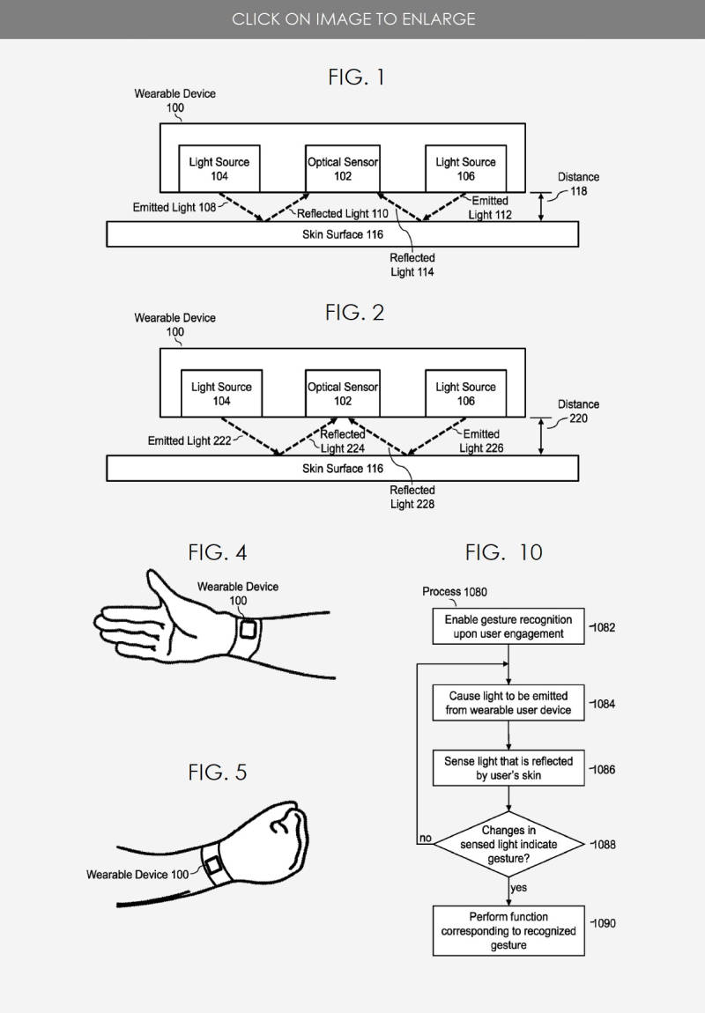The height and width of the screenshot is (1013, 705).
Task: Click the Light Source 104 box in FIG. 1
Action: (219, 168)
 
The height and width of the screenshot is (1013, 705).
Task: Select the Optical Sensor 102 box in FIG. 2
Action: (343, 394)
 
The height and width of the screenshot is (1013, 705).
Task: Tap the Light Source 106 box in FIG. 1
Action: (465, 168)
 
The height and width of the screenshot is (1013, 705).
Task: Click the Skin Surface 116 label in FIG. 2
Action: (343, 469)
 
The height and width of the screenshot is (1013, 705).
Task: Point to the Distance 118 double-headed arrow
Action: (541, 207)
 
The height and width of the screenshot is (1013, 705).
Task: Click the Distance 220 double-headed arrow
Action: (541, 436)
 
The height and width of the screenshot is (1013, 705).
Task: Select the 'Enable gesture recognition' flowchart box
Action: (508, 626)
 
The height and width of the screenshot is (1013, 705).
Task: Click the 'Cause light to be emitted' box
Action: (508, 703)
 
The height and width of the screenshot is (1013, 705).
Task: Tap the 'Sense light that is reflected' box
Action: (508, 768)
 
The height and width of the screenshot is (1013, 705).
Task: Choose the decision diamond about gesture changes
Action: (508, 845)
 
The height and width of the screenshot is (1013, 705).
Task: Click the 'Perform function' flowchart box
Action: (508, 931)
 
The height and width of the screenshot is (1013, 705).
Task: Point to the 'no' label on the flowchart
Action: (425, 838)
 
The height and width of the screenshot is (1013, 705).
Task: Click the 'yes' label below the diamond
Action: (518, 888)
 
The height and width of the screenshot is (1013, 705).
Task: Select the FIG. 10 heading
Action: (504, 552)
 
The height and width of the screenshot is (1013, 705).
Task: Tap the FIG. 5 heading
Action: (218, 772)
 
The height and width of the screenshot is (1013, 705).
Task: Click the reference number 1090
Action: (604, 923)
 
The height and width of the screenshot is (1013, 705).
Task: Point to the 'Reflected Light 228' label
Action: (412, 497)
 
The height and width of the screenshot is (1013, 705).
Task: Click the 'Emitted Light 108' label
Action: (174, 207)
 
